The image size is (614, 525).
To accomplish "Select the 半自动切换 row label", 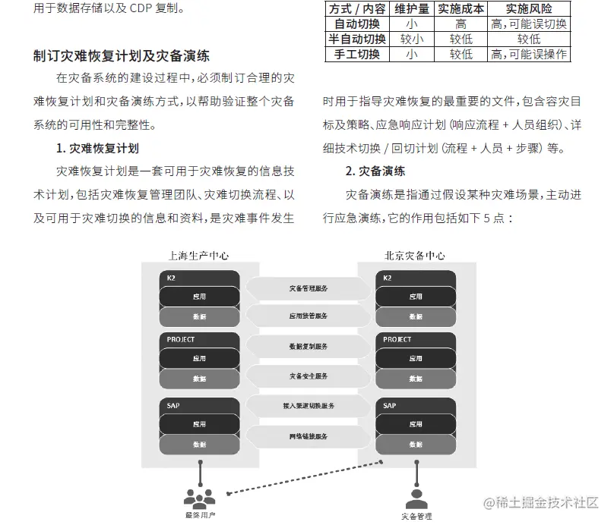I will (356, 39).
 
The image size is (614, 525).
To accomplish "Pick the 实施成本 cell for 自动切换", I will (460, 24).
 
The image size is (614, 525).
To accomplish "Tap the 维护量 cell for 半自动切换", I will (412, 39).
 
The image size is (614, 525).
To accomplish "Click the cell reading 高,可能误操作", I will (530, 54).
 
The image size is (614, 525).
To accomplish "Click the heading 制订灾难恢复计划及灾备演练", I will (122, 55).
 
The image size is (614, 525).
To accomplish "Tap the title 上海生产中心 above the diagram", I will (198, 256).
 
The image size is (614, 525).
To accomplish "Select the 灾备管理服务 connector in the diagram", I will (309, 288).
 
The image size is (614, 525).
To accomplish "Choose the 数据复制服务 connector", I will (309, 346).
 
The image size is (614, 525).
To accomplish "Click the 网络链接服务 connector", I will (309, 437).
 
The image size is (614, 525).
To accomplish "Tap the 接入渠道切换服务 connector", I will (309, 406).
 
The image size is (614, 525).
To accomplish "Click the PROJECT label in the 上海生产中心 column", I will (181, 340).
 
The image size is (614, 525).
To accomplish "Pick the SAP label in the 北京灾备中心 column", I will (390, 406).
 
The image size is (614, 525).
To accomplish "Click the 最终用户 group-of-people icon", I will (200, 498).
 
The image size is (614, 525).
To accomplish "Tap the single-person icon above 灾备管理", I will (415, 498).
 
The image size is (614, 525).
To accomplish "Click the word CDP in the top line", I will (129, 9).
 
